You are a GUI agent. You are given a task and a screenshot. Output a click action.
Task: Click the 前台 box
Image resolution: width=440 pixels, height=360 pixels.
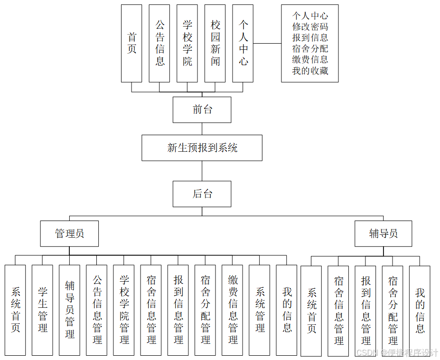tap(202, 110)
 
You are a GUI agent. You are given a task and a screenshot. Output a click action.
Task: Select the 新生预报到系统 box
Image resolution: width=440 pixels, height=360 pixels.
tap(202, 148)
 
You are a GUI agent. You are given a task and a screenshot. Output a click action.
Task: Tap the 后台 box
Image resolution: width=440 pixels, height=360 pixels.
tap(202, 194)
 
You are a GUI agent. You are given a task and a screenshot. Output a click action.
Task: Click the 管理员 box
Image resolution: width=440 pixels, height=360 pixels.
tap(69, 233)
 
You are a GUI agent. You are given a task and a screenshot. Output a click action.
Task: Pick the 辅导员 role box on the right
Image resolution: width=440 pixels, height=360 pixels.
tap(383, 233)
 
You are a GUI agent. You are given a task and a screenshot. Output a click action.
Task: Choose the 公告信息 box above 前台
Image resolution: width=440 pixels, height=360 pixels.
tap(159, 43)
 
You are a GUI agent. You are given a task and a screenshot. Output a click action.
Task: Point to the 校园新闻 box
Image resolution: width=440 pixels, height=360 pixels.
tap(215, 43)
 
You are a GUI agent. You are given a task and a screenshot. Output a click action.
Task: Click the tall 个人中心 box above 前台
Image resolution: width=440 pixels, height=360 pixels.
tap(243, 43)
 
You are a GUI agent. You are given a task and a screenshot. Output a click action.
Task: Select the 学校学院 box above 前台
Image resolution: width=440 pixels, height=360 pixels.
tap(187, 43)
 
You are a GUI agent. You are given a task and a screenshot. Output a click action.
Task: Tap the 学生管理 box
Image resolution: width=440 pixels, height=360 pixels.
tap(42, 310)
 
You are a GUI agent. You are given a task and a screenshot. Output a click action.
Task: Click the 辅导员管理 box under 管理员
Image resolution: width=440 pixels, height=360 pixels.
tap(69, 310)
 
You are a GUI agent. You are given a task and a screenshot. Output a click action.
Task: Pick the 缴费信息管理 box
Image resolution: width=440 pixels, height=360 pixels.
tap(233, 310)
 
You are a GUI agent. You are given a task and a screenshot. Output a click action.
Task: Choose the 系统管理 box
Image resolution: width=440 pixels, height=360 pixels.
tap(260, 310)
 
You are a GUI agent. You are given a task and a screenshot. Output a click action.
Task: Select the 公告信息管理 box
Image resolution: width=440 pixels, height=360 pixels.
tap(97, 310)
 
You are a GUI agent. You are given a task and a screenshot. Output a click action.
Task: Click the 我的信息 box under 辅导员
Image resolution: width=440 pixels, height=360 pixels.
tap(420, 310)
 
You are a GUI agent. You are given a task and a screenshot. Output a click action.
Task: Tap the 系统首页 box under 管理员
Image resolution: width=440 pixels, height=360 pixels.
tap(15, 310)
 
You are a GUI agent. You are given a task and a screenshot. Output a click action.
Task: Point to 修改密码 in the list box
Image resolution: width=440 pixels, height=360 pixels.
tap(310, 27)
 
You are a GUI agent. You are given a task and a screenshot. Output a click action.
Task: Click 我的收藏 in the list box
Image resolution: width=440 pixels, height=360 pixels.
tap(310, 71)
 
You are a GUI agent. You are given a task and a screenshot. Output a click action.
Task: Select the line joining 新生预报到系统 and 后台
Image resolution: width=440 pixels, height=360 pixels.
tap(202, 171)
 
